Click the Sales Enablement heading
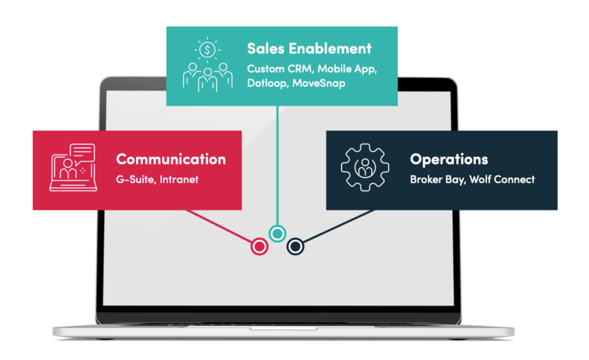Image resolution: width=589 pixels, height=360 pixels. (x=309, y=49)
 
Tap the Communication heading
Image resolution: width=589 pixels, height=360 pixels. (x=170, y=159)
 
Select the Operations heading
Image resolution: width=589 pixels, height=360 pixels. (x=448, y=159)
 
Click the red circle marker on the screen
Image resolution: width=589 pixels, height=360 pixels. (x=259, y=245)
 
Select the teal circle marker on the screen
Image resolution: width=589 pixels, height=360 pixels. (x=277, y=234)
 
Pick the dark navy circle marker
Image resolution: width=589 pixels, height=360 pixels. (x=295, y=245)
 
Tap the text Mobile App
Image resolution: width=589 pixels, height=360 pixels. (x=350, y=68)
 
